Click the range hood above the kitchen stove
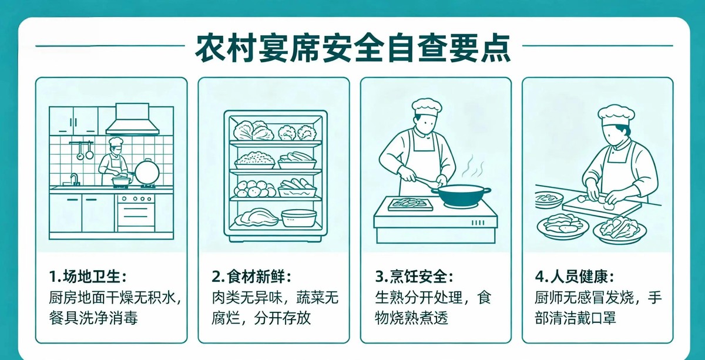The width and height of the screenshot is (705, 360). coord(132,120)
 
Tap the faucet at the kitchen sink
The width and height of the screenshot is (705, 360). coord(74,179)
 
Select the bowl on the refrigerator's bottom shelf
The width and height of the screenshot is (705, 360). coord(298,218)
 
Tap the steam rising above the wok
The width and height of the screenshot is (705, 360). coord(473,166)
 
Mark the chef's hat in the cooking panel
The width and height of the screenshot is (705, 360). coord(427,107)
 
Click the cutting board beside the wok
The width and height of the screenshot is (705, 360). coord(411,204)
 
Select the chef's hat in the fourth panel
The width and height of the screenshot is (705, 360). coord(616,116)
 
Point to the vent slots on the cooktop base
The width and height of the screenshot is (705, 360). coord(478,223)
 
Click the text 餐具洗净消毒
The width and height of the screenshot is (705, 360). coord(93,318)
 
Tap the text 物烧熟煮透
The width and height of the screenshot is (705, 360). coord(411,318)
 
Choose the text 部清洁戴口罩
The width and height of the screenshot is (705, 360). coord(575,318)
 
